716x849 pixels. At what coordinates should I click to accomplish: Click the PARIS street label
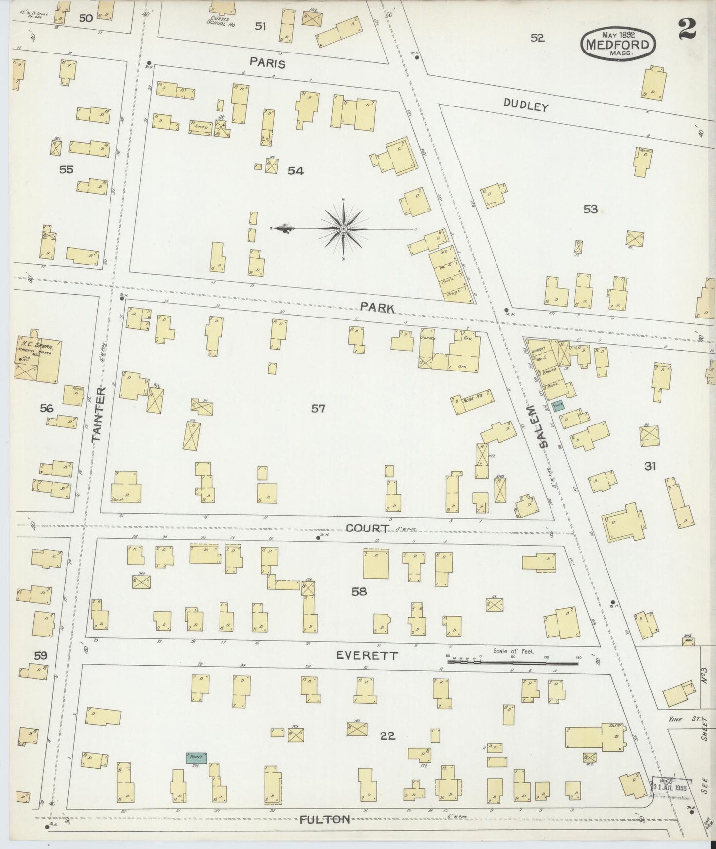pyautogui.click(x=268, y=63)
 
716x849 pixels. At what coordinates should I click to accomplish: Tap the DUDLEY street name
pyautogui.click(x=526, y=105)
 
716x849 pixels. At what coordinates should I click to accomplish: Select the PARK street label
pyautogui.click(x=378, y=308)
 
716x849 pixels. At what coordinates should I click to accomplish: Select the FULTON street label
pyautogui.click(x=325, y=819)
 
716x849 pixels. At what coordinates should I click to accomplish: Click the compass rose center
pyautogui.click(x=343, y=229)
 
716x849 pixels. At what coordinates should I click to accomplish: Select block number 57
pyautogui.click(x=318, y=409)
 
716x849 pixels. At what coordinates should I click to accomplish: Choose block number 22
pyautogui.click(x=387, y=736)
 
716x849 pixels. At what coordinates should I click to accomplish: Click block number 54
pyautogui.click(x=295, y=171)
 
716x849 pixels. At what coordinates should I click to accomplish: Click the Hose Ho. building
pyautogui.click(x=472, y=402)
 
